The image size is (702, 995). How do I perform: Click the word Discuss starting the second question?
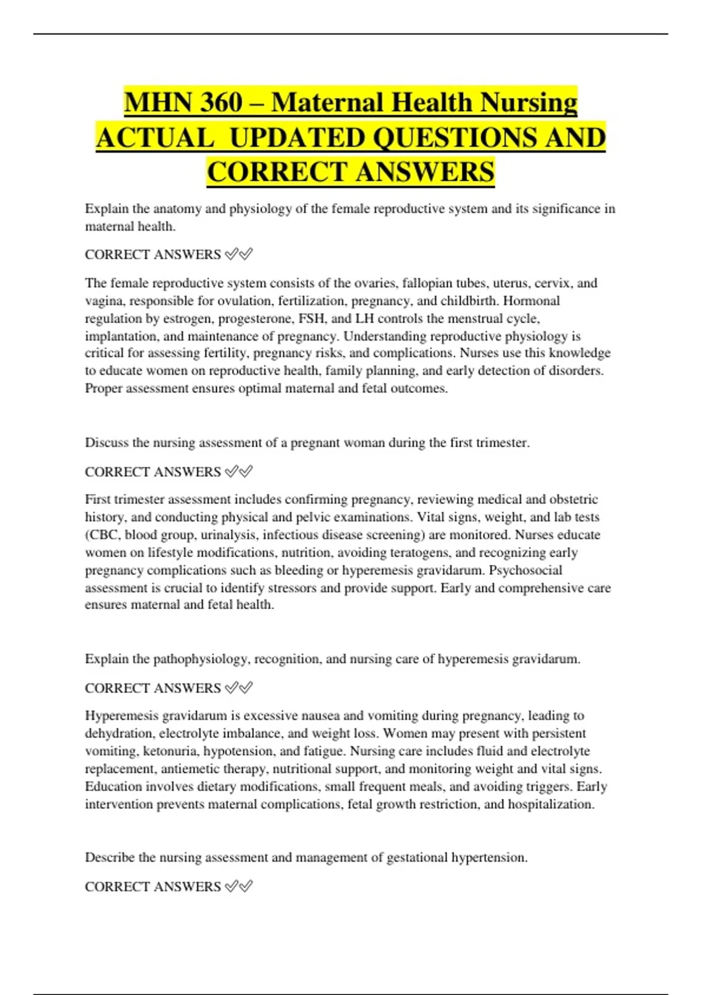[x=107, y=442]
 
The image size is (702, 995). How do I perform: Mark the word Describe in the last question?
[x=110, y=857]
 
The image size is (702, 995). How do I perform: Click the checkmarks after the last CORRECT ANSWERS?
[x=239, y=887]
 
